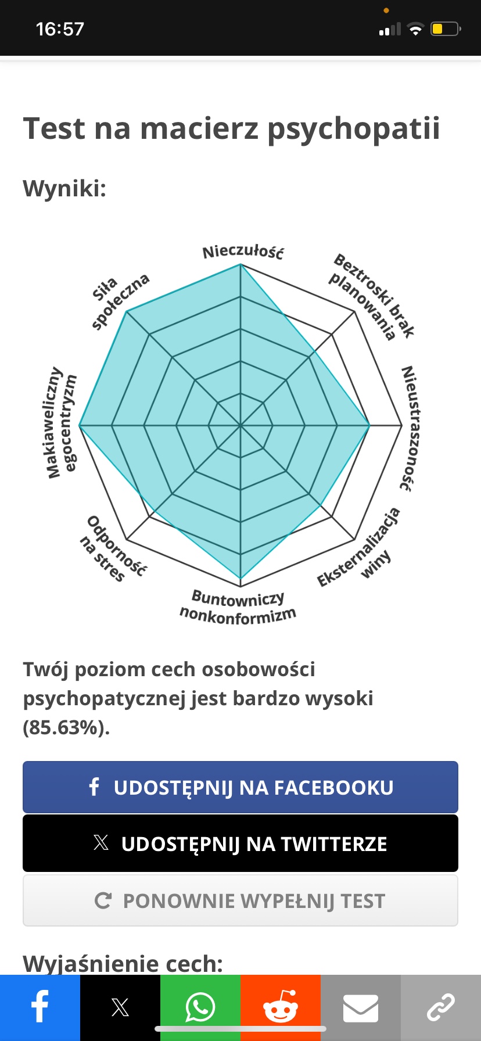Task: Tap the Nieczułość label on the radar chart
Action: (243, 252)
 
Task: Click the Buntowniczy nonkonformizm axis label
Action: (238, 607)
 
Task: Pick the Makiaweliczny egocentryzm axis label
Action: (62, 422)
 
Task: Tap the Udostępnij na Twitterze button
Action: (240, 843)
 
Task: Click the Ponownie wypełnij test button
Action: (240, 901)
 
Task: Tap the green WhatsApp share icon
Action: (200, 1007)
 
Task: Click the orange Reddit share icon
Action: (281, 1007)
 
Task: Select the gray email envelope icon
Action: (361, 1007)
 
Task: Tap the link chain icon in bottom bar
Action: (441, 1007)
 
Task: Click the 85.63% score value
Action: (65, 727)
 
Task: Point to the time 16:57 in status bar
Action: (60, 29)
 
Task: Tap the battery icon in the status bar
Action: (445, 29)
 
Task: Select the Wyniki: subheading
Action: (64, 189)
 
